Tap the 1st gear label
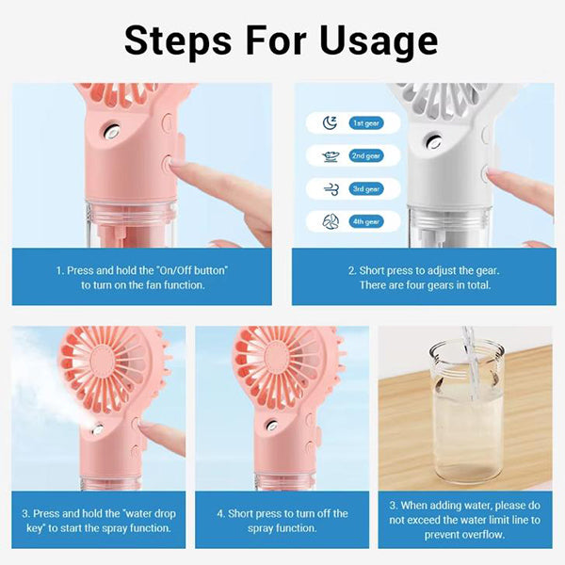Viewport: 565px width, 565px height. pos(366,123)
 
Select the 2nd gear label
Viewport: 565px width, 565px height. pos(366,156)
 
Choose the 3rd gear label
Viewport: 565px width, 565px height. pos(366,189)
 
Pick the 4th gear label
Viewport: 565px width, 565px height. pos(366,221)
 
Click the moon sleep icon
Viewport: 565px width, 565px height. pos(330,122)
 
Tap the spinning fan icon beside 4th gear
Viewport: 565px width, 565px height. pos(331,221)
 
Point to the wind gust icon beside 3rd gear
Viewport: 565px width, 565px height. pos(331,189)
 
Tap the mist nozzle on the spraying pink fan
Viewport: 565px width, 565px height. pos(98,429)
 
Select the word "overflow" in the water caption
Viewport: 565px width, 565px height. pos(481,534)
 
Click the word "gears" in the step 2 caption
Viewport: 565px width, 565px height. pos(441,285)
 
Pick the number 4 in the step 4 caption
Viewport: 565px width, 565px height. pos(219,513)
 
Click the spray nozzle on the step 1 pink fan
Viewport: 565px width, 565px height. pos(111,132)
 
